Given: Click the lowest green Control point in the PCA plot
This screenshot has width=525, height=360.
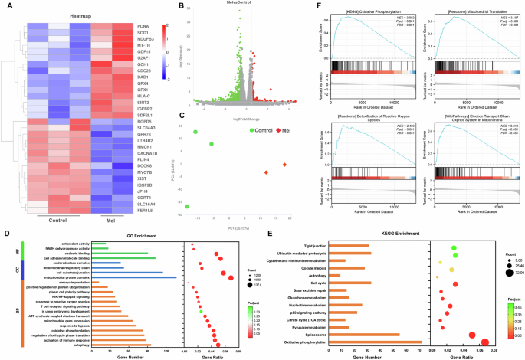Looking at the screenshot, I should [188, 206].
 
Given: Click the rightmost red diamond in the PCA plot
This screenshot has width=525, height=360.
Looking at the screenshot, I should [285, 165].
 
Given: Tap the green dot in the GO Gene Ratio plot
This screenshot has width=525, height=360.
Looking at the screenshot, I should [201, 312].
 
